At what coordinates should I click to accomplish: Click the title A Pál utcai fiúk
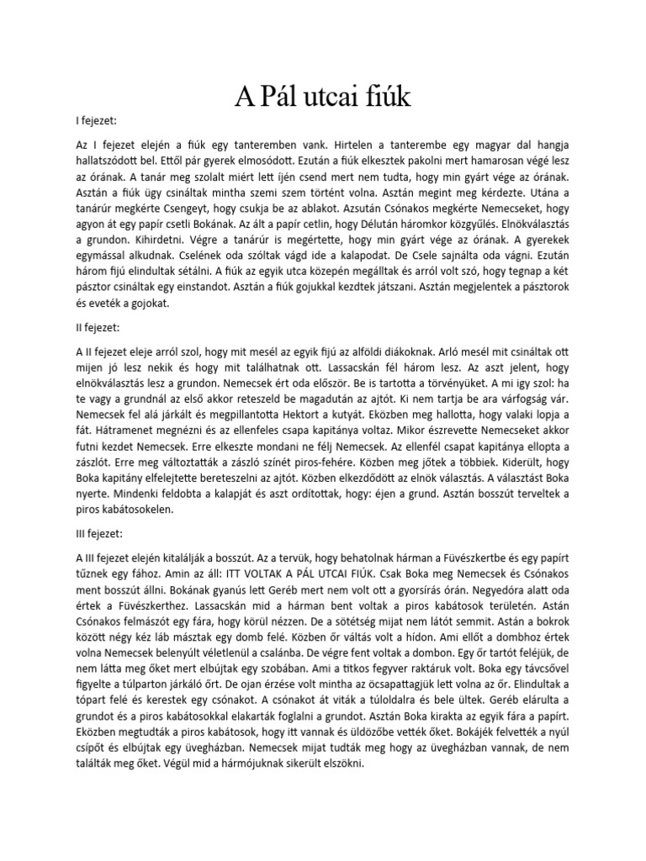[x=322, y=98]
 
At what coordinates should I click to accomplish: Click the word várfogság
[x=522, y=398]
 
